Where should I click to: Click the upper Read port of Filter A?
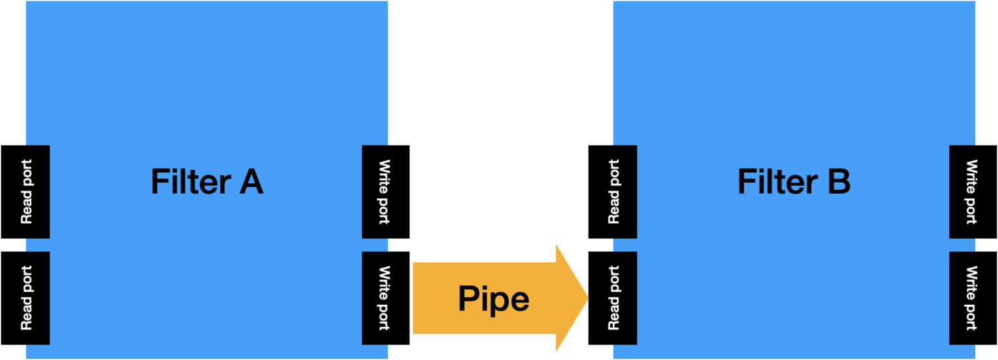click(x=37, y=192)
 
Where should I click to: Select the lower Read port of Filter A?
click(x=37, y=298)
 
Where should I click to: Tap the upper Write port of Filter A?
click(x=375, y=192)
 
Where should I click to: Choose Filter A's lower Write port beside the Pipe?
click(x=375, y=298)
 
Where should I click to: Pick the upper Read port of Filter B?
click(x=624, y=192)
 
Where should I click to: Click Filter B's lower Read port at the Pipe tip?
click(x=624, y=298)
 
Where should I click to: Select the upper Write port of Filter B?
click(x=962, y=192)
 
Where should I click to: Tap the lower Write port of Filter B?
click(x=962, y=298)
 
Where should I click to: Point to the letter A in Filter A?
click(x=251, y=181)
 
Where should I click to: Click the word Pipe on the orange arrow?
click(x=494, y=298)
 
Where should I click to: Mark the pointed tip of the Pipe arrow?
click(x=586, y=298)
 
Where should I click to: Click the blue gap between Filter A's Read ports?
click(x=37, y=245)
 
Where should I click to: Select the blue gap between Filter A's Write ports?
click(x=375, y=245)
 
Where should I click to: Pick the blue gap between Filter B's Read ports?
click(x=624, y=245)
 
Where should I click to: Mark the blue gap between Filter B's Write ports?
click(x=962, y=245)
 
